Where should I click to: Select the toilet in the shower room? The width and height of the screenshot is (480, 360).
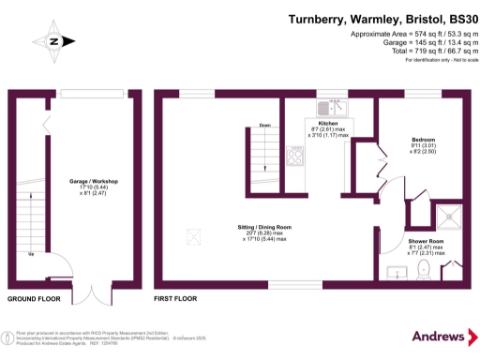click(424, 271)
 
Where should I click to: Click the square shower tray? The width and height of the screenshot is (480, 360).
click(457, 211)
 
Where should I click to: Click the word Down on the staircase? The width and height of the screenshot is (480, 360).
click(265, 125)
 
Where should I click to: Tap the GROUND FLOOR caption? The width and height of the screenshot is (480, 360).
click(34, 301)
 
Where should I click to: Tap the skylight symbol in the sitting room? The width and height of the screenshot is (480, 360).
click(195, 234)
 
